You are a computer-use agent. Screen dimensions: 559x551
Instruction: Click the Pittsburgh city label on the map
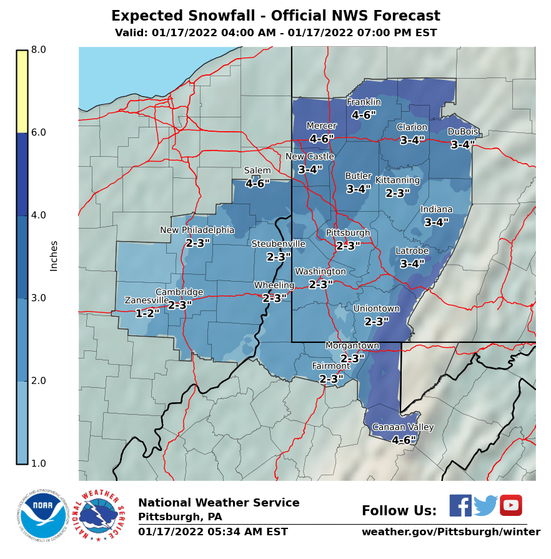[x=348, y=233]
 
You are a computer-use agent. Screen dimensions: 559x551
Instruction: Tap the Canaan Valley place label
[x=403, y=427]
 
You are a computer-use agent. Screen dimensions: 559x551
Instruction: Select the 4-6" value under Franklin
[x=364, y=115]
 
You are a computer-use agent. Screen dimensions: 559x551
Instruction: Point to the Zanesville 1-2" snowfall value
[x=147, y=314]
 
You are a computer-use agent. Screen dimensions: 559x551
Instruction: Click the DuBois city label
[x=463, y=132]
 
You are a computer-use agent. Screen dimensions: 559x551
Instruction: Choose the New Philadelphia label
[x=197, y=230]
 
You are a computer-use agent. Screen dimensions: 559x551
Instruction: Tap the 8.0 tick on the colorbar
[x=39, y=50]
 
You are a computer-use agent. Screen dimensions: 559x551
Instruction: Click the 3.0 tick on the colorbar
[x=39, y=298]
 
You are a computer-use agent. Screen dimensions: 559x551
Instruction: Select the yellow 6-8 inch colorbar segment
[x=22, y=91]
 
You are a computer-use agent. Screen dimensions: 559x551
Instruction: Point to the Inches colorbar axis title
[x=54, y=256]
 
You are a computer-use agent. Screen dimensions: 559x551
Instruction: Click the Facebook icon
[x=460, y=505]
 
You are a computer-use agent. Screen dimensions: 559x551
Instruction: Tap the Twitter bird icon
[x=485, y=505]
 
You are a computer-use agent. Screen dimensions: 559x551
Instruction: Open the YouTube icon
[x=510, y=505]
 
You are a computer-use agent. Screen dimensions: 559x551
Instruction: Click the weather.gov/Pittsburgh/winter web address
[x=450, y=532]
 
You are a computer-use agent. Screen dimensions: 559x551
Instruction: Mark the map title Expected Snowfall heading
[x=275, y=16]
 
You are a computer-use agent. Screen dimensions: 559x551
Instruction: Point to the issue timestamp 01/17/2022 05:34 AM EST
[x=213, y=532]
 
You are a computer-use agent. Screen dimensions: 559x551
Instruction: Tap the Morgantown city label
[x=352, y=346]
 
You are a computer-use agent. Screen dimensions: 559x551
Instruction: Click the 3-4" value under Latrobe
[x=412, y=264]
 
